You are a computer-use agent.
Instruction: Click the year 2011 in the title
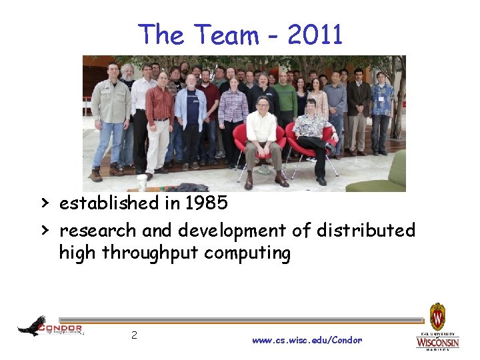click(x=315, y=35)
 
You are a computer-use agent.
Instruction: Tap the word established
click(x=117, y=203)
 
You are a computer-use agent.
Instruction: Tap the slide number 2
click(x=134, y=335)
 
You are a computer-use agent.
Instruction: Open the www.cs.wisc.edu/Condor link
click(x=307, y=340)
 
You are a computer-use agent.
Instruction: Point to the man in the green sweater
click(x=285, y=100)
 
